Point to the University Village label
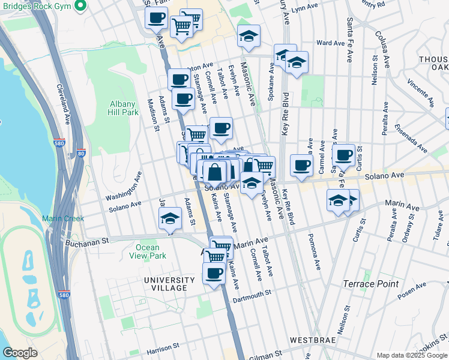(169, 284)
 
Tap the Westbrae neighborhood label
(309, 340)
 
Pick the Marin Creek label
(63, 218)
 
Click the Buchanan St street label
(87, 240)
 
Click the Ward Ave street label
(330, 43)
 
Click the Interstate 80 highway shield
(81, 153)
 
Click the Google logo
(20, 353)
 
